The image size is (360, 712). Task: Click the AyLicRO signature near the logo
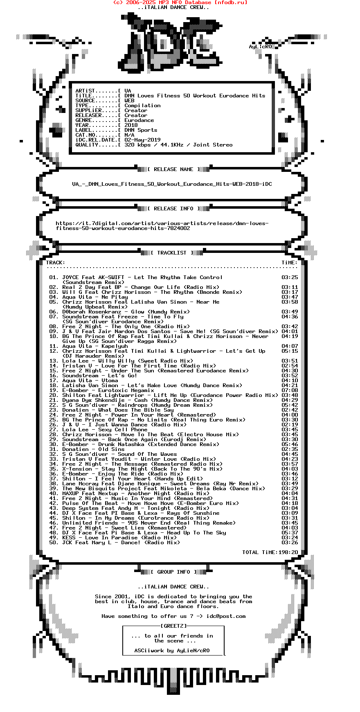(x=260, y=47)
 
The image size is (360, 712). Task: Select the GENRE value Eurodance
(x=139, y=120)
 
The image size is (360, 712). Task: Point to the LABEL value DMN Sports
(x=141, y=130)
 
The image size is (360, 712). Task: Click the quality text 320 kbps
(x=137, y=145)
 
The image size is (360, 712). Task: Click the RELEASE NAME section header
(x=173, y=169)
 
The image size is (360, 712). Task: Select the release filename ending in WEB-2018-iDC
(x=172, y=184)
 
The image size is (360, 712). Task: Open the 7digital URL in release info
(x=162, y=226)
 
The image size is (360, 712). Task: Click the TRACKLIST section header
(x=172, y=253)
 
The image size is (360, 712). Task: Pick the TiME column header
(x=289, y=263)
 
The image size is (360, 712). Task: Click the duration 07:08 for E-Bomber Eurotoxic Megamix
(x=290, y=390)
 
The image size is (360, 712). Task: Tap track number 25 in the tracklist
(x=54, y=420)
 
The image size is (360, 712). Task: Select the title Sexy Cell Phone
(x=121, y=430)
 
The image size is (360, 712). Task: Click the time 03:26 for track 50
(x=290, y=543)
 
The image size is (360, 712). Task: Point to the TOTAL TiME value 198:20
(x=288, y=552)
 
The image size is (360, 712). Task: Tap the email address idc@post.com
(x=226, y=616)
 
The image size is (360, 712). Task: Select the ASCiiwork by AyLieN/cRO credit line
(x=172, y=651)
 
